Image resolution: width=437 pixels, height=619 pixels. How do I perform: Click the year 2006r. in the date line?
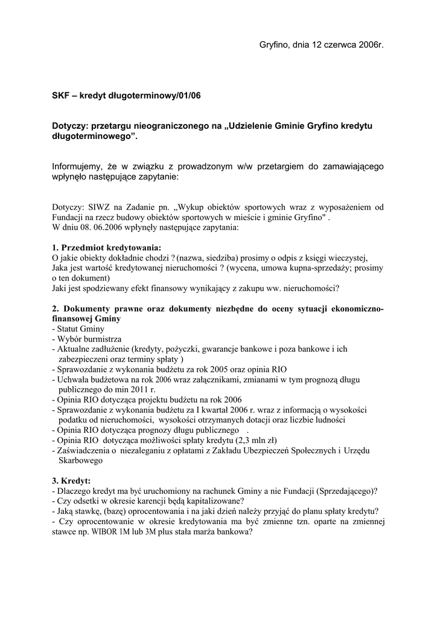[x=369, y=45]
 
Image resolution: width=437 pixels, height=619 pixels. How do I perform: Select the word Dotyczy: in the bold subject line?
[x=70, y=126]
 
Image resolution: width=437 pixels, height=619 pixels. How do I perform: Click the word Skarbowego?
[x=81, y=460]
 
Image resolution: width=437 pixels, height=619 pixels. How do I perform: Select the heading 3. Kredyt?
[x=71, y=481]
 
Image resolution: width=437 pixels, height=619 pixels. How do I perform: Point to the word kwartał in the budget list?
[x=231, y=409]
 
